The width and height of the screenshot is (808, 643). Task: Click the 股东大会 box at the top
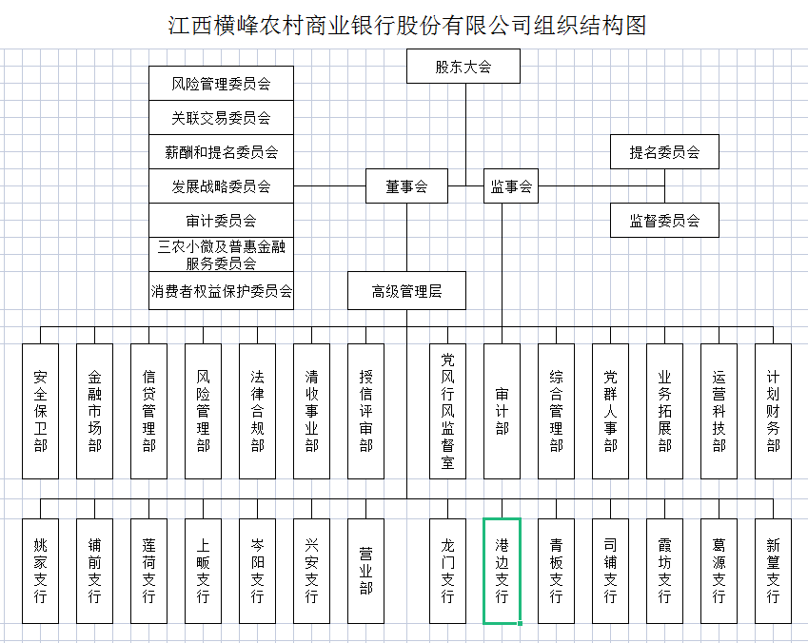[463, 66]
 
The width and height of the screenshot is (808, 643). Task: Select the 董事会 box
[406, 186]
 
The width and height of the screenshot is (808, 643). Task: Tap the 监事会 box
[511, 186]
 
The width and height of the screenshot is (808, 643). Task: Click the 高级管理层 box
[406, 291]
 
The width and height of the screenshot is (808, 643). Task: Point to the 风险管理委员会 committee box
[221, 84]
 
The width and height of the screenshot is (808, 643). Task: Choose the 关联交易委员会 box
[221, 118]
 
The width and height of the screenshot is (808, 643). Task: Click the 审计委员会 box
[221, 221]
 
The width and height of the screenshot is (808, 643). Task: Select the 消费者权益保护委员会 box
[221, 291]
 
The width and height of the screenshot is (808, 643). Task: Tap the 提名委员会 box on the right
[664, 151]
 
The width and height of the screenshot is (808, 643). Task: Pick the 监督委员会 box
[664, 221]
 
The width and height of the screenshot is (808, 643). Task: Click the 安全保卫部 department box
[40, 411]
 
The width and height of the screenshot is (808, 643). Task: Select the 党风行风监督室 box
[448, 411]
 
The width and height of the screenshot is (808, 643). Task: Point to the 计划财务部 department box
[773, 411]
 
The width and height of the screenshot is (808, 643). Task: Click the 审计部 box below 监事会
[502, 411]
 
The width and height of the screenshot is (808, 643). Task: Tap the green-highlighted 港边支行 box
[502, 571]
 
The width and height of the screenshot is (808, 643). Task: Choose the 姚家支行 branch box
[40, 571]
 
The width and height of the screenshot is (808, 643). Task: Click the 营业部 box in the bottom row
[365, 571]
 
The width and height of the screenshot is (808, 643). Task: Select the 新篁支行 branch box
[773, 571]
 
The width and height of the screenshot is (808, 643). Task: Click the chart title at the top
[407, 26]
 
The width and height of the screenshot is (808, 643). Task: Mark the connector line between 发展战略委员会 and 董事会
[330, 186]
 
